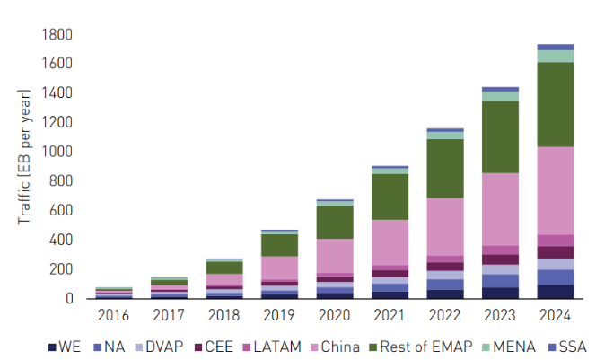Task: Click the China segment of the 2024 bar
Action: (x=555, y=190)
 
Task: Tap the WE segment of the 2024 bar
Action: (x=555, y=291)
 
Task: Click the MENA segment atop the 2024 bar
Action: (x=555, y=56)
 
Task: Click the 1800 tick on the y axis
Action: (x=57, y=35)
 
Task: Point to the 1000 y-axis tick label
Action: (x=57, y=153)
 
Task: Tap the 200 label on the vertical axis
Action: (x=60, y=269)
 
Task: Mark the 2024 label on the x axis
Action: (x=555, y=316)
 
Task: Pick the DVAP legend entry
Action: (x=163, y=347)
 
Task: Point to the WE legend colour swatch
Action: (x=52, y=347)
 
